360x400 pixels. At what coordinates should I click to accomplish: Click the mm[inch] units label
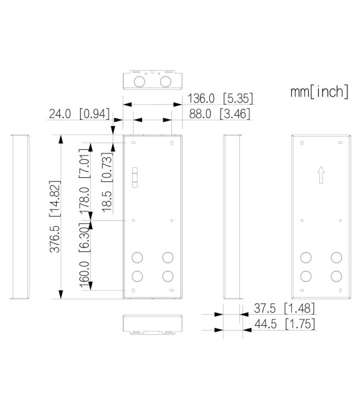click(319, 91)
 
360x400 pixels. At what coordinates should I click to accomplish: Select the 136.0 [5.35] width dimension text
click(221, 98)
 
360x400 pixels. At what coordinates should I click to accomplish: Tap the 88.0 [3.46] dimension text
click(220, 113)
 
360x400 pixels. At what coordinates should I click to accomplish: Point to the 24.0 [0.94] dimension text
click(79, 113)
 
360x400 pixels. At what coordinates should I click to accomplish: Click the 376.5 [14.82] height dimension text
click(55, 216)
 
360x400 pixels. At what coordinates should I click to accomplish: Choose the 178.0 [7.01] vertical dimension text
click(85, 181)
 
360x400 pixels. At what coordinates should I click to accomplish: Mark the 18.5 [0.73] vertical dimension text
click(107, 182)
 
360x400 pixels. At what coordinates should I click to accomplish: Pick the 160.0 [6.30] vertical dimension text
click(85, 255)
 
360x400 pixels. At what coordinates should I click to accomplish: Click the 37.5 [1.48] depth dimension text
click(284, 308)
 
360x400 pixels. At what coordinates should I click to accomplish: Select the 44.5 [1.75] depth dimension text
click(285, 324)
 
